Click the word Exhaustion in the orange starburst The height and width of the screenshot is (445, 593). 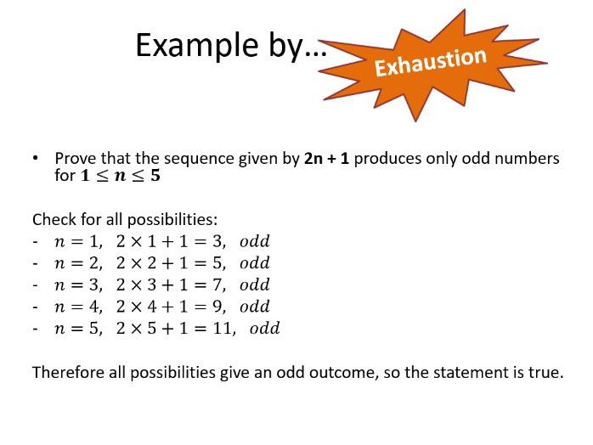coord(431,61)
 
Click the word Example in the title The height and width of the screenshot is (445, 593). coord(185,45)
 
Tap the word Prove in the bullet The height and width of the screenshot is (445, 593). coord(74,159)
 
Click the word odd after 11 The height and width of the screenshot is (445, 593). coord(264,329)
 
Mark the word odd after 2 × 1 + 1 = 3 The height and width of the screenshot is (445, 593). coord(254,241)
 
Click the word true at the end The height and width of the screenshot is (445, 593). coord(547,373)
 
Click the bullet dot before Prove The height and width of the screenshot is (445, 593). coord(37,159)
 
